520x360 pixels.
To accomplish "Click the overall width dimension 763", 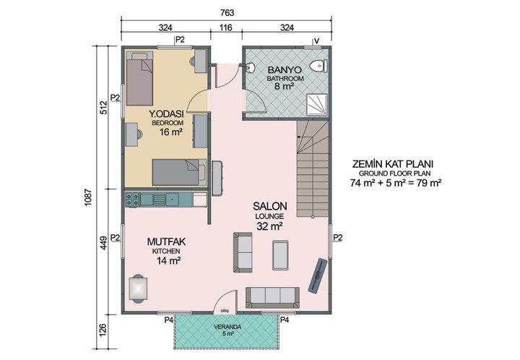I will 227,12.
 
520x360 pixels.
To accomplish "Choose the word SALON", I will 268,206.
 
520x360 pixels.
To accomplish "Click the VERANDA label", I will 226,326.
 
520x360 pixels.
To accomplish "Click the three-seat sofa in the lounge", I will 272,295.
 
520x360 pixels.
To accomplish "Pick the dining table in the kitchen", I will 137,288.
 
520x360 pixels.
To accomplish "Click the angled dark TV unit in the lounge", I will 317,274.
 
